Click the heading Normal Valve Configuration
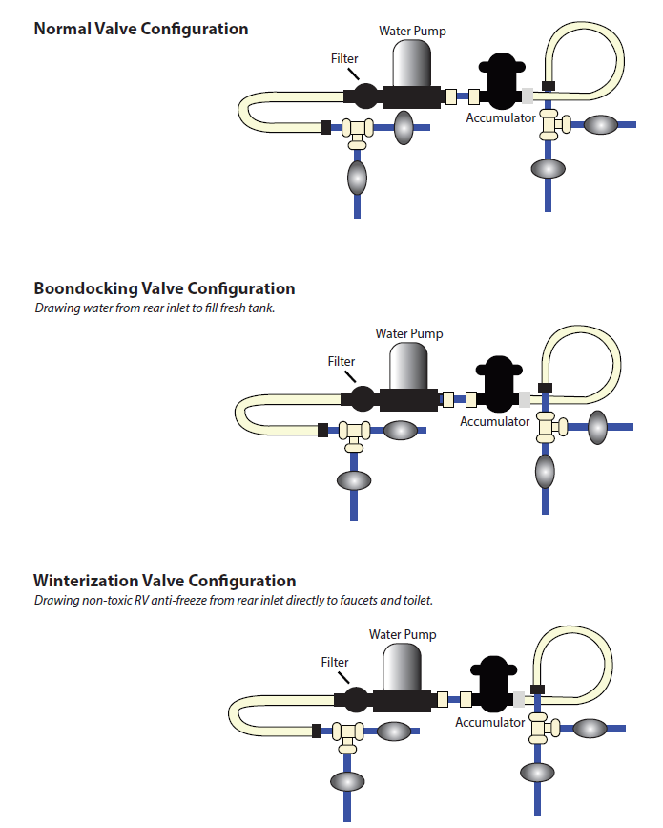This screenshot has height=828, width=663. tap(141, 29)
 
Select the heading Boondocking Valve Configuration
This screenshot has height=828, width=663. tap(164, 288)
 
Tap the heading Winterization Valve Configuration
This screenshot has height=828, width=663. tap(164, 581)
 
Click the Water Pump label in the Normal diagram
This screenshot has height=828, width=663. tap(412, 31)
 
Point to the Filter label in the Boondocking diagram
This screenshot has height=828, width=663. tap(342, 362)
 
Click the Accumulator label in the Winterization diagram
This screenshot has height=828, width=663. tap(489, 723)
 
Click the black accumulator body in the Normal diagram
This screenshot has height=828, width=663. tap(501, 83)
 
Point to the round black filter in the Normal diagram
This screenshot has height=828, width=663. tap(365, 96)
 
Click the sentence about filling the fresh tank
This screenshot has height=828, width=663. tap(155, 308)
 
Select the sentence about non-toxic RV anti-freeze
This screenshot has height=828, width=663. tap(234, 601)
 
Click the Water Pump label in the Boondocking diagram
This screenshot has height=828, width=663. tap(409, 334)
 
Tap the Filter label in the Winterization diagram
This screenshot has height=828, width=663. tap(335, 662)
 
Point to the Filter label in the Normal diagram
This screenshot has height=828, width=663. tap(344, 58)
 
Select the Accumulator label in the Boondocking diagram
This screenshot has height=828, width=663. tap(494, 421)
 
